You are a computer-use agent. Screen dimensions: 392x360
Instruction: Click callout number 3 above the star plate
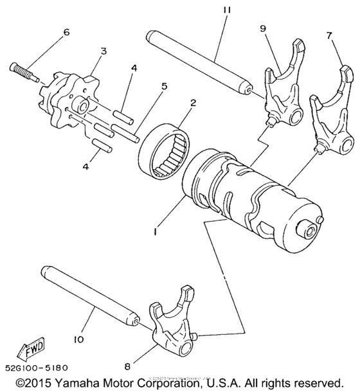tap(104, 51)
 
